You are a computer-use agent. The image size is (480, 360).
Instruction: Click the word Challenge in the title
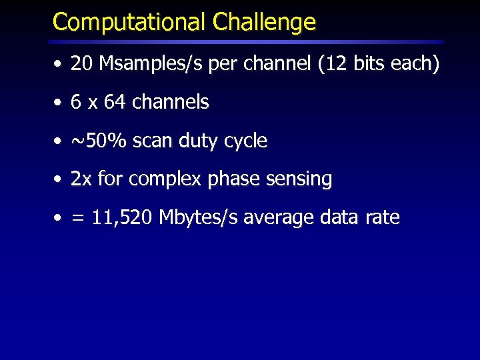tap(264, 22)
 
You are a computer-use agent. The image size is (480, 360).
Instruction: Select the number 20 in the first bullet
tap(81, 64)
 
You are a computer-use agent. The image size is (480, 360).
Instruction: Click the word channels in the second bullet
tap(171, 103)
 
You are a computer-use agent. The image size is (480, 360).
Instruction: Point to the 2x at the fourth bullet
tap(80, 179)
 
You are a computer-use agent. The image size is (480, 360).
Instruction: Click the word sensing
tap(305, 179)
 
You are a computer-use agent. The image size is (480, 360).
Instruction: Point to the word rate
tap(383, 218)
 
